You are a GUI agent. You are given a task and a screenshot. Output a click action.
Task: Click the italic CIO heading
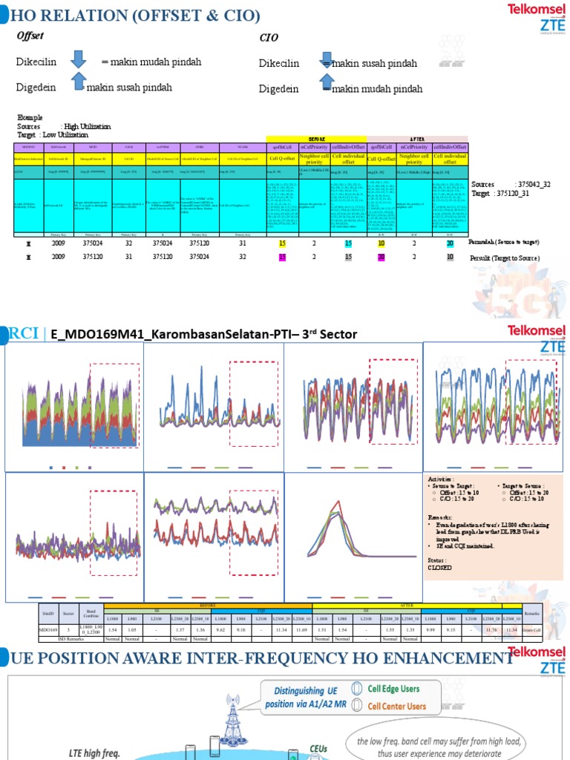coord(268,37)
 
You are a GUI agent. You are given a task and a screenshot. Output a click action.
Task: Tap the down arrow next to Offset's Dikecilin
coord(78,60)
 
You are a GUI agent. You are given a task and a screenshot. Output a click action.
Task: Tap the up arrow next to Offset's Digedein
coord(78,82)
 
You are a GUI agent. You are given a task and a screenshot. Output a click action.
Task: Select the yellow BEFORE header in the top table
coord(316,139)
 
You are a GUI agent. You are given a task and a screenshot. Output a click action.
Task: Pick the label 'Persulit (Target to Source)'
coord(504,258)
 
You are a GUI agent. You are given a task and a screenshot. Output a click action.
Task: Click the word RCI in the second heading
coord(24,333)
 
